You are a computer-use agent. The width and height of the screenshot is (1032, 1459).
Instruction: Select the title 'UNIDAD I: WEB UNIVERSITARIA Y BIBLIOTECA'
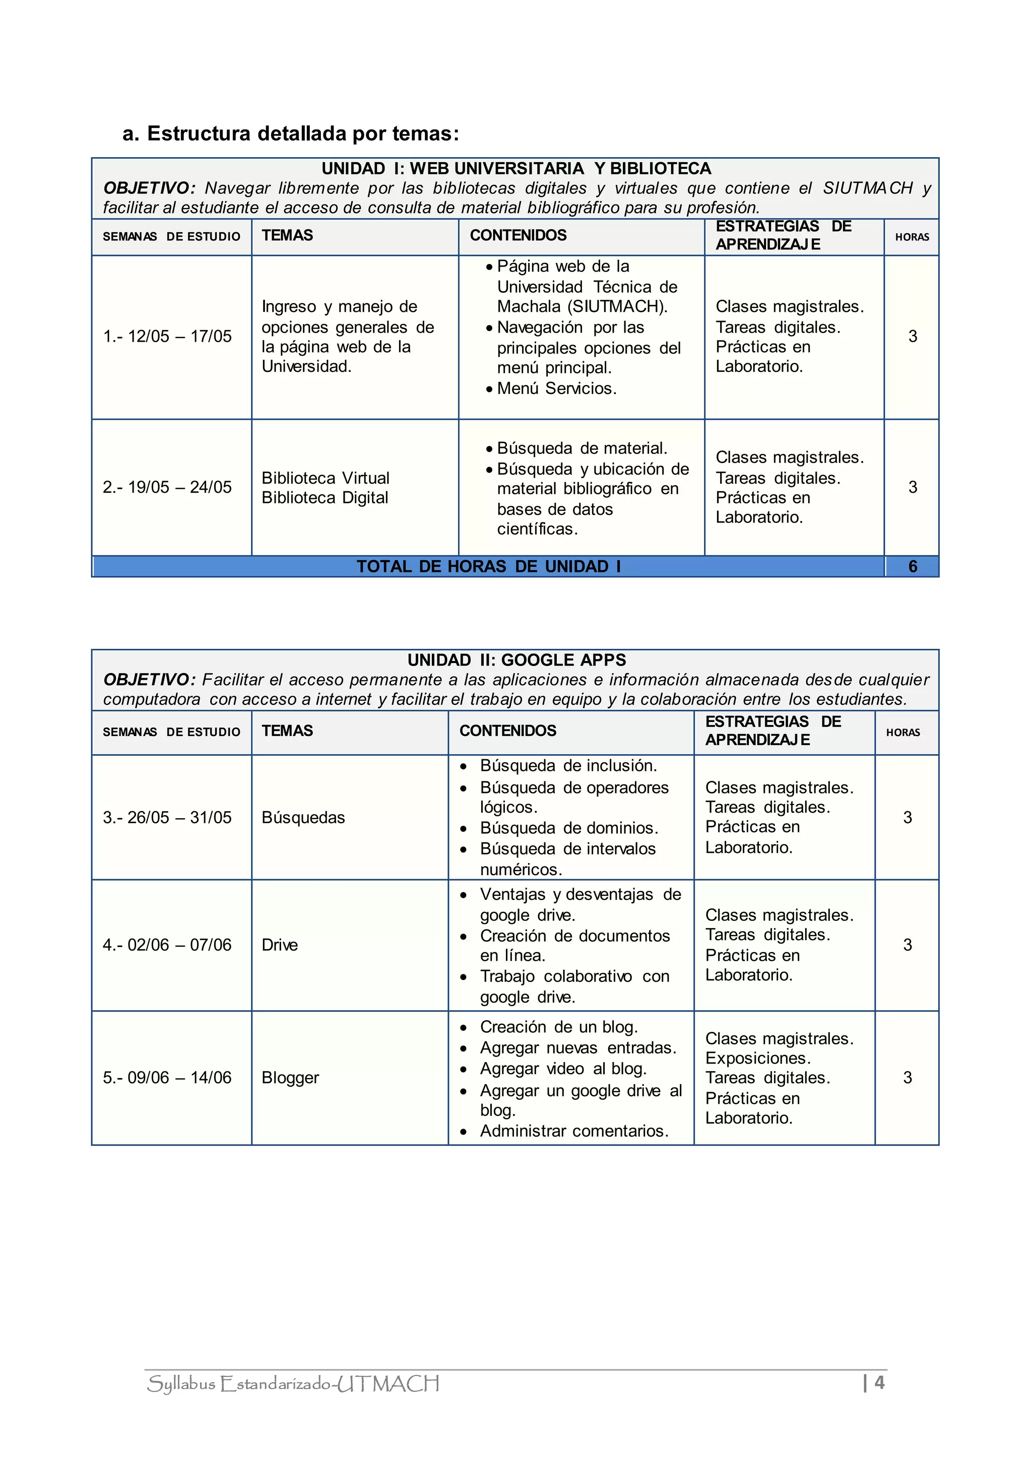[516, 168]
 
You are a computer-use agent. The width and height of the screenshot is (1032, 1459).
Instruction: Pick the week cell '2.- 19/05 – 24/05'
[167, 487]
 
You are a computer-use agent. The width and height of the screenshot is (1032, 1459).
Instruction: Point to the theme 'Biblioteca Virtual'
[326, 478]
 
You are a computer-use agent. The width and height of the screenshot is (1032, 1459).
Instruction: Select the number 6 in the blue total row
[913, 566]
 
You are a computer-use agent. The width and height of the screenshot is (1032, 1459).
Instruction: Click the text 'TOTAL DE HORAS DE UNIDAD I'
[488, 566]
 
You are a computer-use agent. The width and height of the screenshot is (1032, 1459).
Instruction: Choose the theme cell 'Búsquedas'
[303, 818]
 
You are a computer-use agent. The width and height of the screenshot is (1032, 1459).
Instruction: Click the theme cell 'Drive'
[280, 945]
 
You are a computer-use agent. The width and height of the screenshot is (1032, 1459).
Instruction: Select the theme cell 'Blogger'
[290, 1078]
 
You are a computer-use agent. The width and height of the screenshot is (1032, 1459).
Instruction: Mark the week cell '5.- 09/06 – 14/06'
[167, 1078]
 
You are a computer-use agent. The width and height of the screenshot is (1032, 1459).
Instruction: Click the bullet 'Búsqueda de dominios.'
[569, 828]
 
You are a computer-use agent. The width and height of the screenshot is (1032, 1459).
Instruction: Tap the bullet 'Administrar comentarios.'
[574, 1131]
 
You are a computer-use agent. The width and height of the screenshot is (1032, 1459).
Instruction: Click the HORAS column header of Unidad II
[903, 733]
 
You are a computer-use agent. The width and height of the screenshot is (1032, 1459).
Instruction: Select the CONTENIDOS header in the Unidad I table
[518, 236]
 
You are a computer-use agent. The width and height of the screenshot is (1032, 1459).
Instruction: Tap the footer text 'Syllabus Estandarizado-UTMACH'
[293, 1384]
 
